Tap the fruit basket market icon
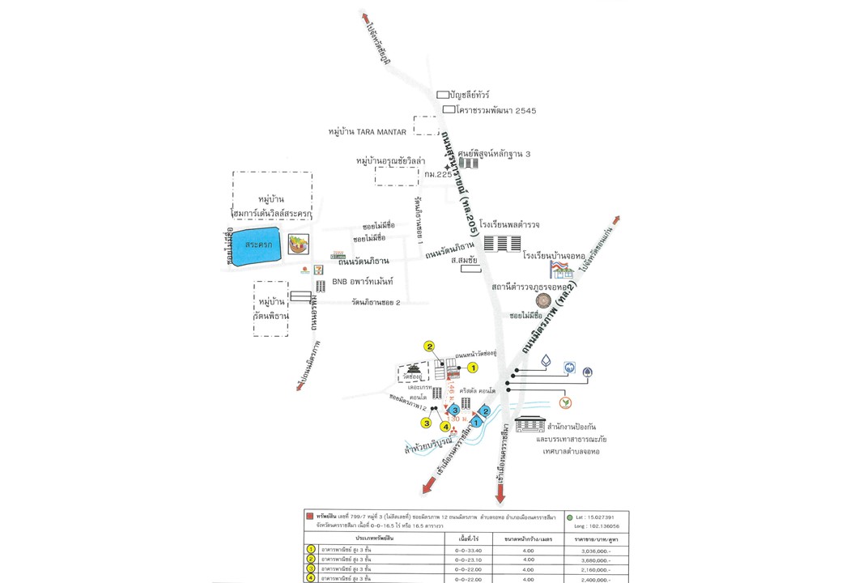tap(299, 244)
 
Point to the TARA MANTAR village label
tap(368, 131)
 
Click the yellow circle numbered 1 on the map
tap(474, 368)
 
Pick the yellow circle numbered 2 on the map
tap(430, 347)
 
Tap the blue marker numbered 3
tap(456, 411)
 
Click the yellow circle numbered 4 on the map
tap(444, 427)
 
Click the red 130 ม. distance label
tap(458, 419)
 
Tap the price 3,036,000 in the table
tap(597, 548)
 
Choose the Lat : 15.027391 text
tap(596, 517)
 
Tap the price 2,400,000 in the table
tap(597, 579)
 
